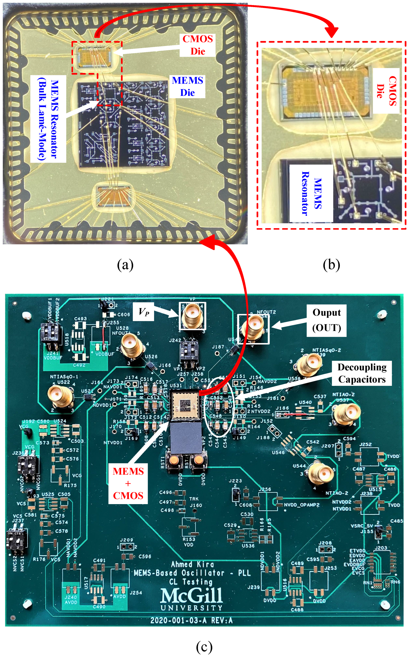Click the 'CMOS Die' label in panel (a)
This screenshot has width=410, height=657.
[x=198, y=45]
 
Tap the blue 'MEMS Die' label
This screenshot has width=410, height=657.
[x=187, y=87]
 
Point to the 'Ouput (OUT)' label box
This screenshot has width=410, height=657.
[x=326, y=320]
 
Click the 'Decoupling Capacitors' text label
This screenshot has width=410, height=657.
[x=362, y=373]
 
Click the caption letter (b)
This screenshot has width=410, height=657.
[x=331, y=265]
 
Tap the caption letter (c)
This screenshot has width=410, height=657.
[x=204, y=647]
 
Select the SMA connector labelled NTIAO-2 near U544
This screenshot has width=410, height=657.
[x=322, y=473]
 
